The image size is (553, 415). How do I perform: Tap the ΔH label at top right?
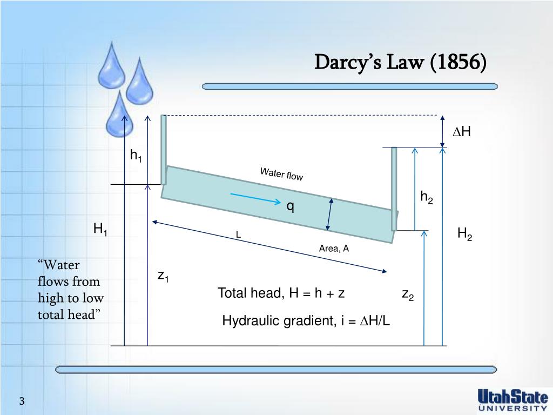tap(462, 132)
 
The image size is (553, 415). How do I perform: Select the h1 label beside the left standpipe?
tap(136, 156)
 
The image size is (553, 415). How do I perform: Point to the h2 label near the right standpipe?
tap(427, 198)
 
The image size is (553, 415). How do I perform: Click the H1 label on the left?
tap(100, 229)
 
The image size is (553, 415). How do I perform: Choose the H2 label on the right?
tap(464, 234)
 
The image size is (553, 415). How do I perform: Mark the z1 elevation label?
tap(163, 276)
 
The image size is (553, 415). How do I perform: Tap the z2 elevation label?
tap(407, 294)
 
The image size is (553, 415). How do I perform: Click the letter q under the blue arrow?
tap(290, 206)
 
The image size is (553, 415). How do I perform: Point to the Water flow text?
tap(281, 174)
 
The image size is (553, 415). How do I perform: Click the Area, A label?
tap(334, 249)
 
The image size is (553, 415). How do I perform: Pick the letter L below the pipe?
tap(238, 235)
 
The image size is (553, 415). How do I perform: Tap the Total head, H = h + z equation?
tap(281, 293)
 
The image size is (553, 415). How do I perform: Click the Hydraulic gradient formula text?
tap(306, 321)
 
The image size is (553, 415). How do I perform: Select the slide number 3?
tap(22, 401)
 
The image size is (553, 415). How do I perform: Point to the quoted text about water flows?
tap(70, 290)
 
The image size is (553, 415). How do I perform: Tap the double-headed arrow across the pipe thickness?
tap(329, 214)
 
